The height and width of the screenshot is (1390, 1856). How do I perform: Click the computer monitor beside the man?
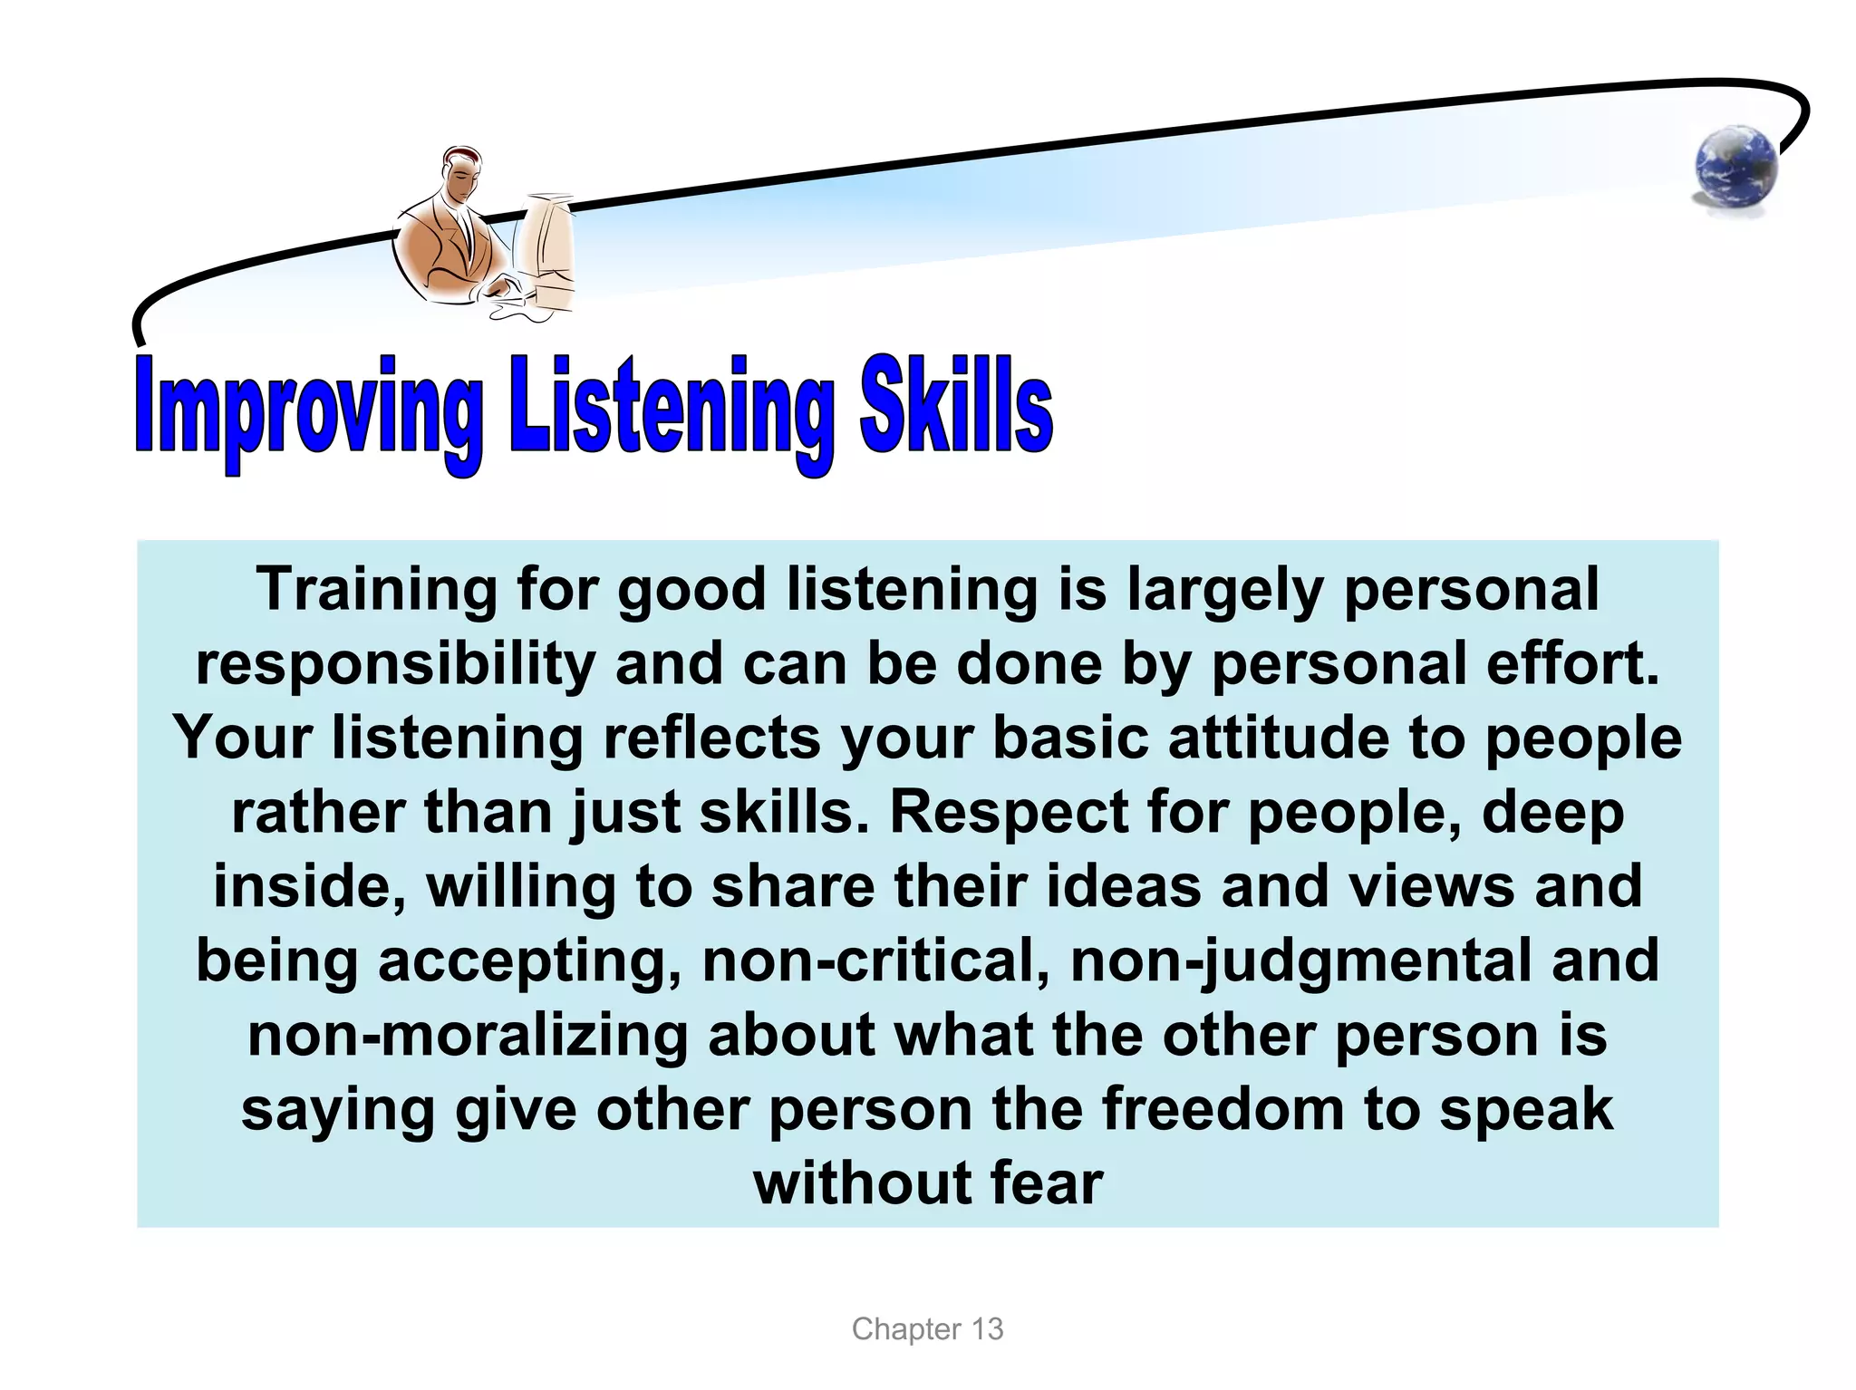tap(547, 249)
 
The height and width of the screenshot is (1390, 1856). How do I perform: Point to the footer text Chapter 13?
tap(927, 1329)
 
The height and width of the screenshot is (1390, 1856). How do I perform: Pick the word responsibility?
tap(395, 664)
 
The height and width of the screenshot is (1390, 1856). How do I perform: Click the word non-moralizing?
tap(468, 1035)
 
